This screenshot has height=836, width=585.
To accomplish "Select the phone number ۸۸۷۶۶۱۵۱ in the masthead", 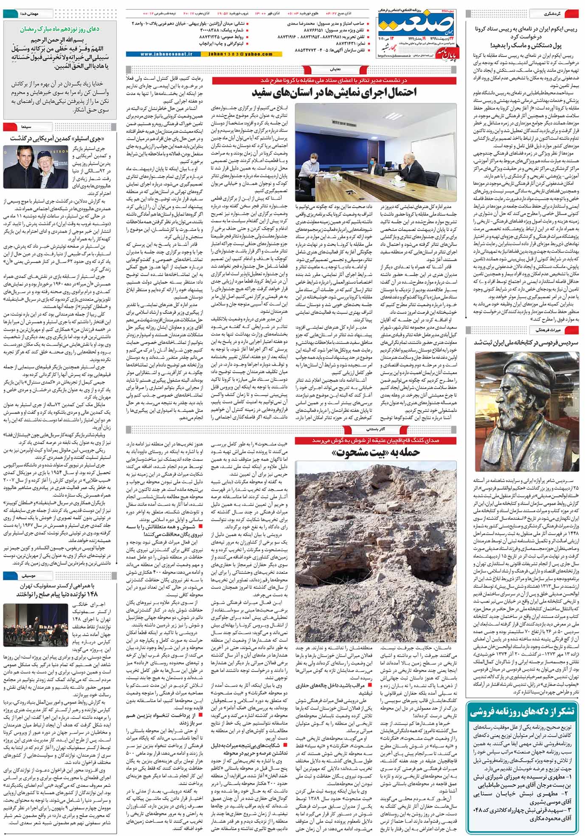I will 312,31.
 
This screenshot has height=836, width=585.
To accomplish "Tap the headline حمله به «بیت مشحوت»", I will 378,453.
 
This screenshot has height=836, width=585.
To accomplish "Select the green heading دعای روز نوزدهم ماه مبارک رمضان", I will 59,29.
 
